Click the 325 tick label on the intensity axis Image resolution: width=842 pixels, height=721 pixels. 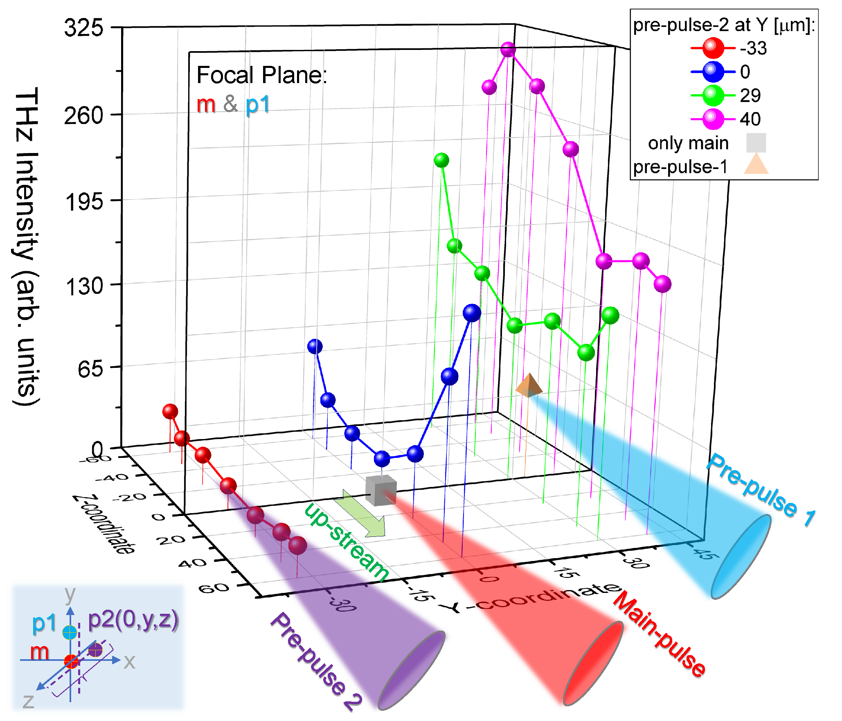84,28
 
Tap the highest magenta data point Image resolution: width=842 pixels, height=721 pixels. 508,50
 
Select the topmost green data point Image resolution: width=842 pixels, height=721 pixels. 441,160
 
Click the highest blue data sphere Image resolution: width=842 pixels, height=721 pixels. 472,313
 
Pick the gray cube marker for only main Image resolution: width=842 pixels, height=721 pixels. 381,490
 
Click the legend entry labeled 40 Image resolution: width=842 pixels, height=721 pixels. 750,119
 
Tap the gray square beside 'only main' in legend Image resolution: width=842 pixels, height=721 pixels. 756,143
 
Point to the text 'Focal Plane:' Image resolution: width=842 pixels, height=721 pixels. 262,75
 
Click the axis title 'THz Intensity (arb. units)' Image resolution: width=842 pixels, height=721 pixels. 26,246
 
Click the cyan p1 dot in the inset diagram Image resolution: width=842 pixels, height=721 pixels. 70,632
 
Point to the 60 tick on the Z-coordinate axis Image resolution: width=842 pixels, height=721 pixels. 214,588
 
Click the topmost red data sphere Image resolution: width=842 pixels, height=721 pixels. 170,411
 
